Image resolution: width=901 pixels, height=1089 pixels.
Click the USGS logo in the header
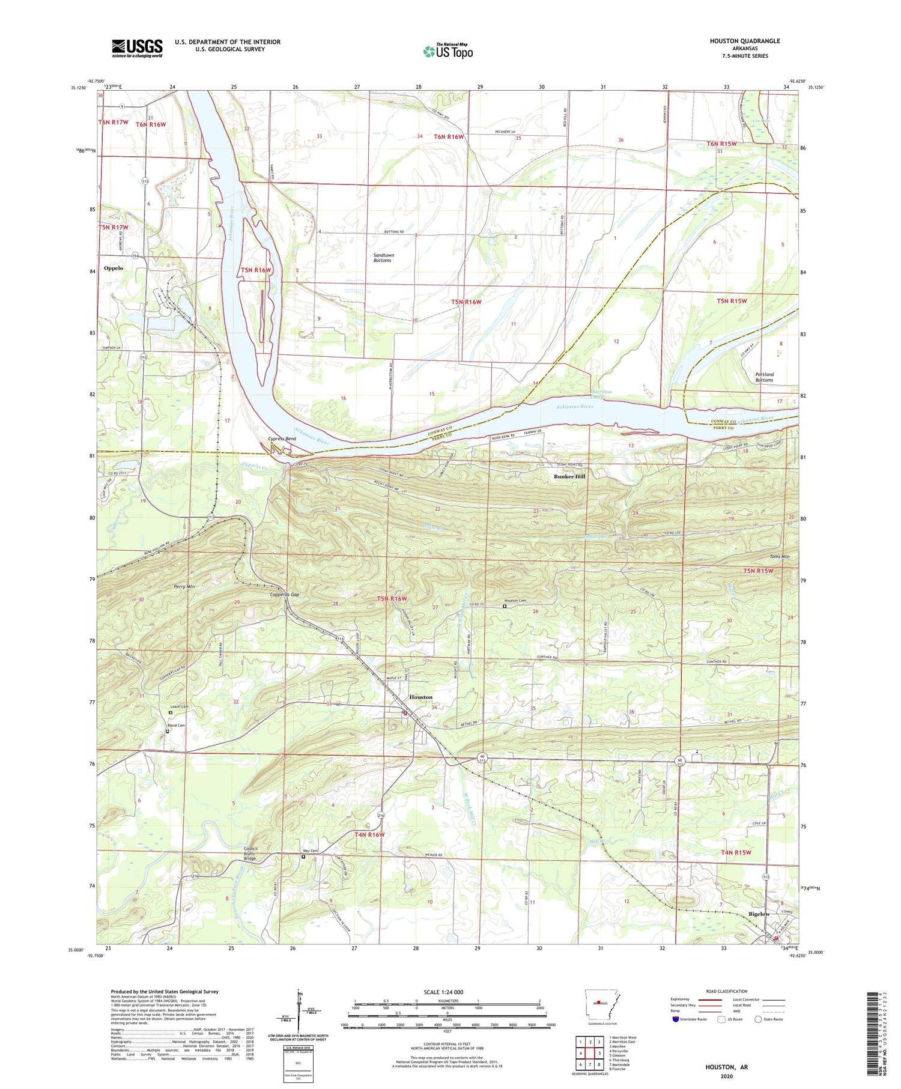[x=137, y=48]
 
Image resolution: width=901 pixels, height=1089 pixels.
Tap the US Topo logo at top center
[x=448, y=51]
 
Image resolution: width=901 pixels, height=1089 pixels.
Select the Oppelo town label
[x=113, y=268]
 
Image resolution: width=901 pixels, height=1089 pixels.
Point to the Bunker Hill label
[x=569, y=476]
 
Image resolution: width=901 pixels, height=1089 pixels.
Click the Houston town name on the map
[x=420, y=697]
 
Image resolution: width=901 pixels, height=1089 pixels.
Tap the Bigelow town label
[x=759, y=914]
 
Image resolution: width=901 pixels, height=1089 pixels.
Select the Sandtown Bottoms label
[x=383, y=258]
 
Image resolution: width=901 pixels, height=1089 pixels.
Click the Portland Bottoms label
[x=764, y=377]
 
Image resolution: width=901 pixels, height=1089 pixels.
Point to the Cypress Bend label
[x=282, y=438]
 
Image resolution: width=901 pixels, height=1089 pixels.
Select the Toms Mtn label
[x=780, y=557]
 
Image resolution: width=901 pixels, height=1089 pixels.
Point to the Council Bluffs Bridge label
[x=250, y=854]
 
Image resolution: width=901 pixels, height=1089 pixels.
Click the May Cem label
[x=310, y=851]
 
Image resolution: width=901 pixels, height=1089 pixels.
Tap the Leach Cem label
[x=179, y=706]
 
